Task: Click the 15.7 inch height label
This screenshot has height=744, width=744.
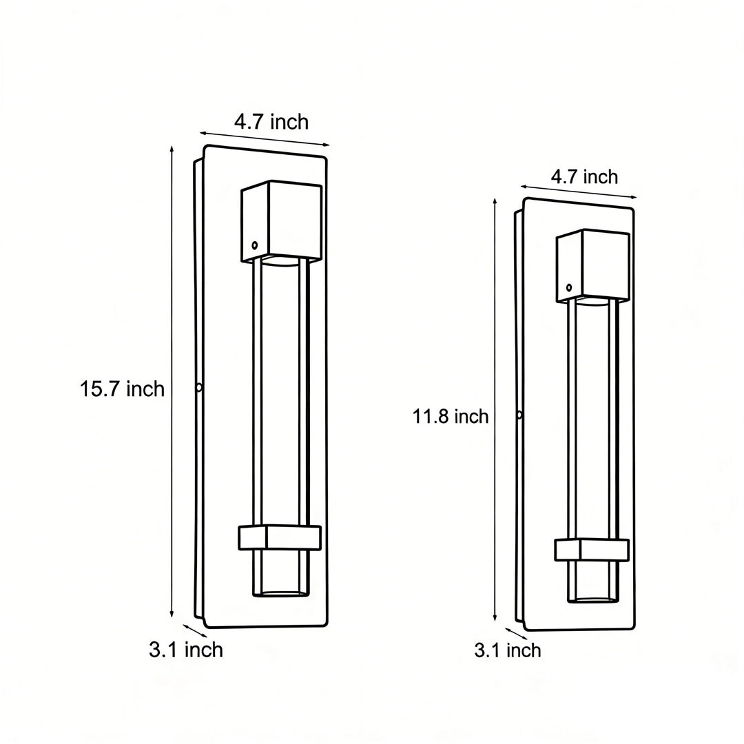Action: point(122,389)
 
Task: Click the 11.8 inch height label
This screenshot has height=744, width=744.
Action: point(451,416)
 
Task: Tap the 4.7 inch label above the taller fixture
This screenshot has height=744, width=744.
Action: point(271,123)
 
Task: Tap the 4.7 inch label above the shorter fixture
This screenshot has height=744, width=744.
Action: point(584,177)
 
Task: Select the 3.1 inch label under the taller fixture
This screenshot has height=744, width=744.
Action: point(186,650)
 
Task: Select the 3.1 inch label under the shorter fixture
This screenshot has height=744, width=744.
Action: point(508,650)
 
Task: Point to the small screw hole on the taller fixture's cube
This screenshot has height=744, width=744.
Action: point(255,245)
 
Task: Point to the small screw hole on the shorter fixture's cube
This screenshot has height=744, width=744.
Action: point(569,287)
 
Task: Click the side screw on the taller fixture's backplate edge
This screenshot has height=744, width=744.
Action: point(199,387)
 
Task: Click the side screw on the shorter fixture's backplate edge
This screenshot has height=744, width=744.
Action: point(519,415)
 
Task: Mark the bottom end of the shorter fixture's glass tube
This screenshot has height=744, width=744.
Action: point(593,599)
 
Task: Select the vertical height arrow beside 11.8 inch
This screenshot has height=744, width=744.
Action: point(495,410)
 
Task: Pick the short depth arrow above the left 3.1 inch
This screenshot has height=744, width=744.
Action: point(194,630)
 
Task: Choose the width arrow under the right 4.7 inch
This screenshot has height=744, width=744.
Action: point(579,192)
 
